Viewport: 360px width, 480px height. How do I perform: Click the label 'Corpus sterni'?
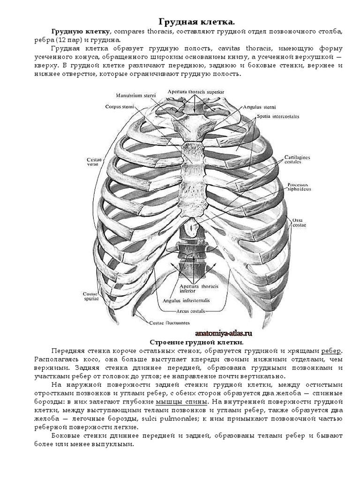tap(120, 106)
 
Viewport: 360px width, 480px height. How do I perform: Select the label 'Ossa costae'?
tap(299, 222)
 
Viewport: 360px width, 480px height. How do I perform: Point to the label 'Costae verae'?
tap(94, 162)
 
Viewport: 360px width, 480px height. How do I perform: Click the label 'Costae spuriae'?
tap(90, 296)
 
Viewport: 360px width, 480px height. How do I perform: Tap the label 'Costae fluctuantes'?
tap(170, 322)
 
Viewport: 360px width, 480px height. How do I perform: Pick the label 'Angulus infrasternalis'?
tap(186, 300)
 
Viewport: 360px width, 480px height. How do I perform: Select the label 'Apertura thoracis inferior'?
tap(195, 288)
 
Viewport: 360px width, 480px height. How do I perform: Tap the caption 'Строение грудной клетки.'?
tap(196, 342)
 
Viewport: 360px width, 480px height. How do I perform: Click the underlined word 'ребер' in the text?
tap(331, 351)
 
